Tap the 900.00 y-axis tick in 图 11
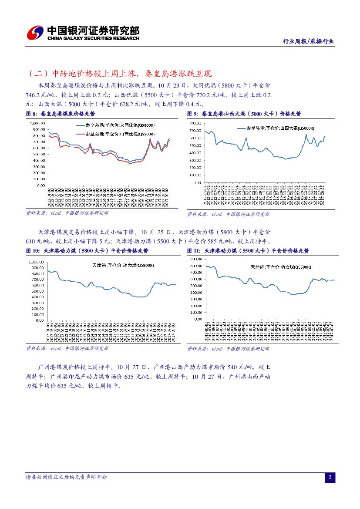point(196,259)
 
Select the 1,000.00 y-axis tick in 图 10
point(37,262)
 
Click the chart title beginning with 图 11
point(248,251)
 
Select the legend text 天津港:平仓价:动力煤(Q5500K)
point(279,266)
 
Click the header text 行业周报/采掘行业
point(308,41)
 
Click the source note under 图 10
point(67,348)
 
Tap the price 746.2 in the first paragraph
point(34,94)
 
